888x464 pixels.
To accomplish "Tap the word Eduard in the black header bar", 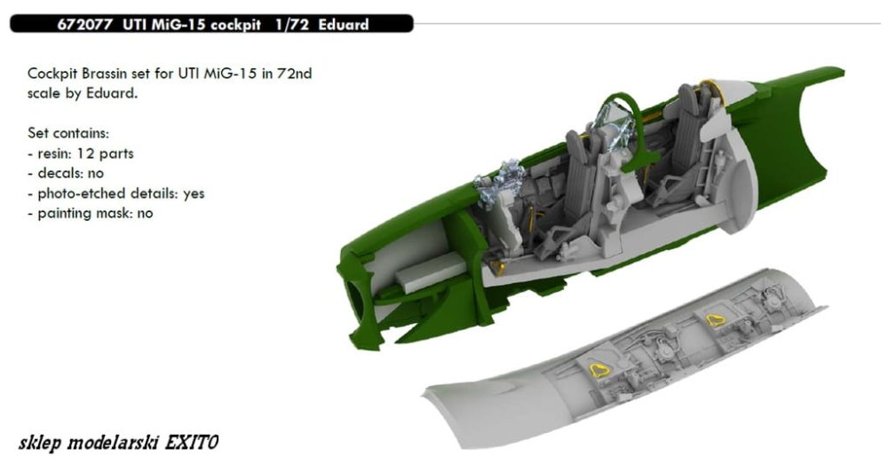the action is click(343, 25).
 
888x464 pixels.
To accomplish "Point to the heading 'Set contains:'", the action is click(68, 134).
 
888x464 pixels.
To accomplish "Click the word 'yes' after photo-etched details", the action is click(194, 193).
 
